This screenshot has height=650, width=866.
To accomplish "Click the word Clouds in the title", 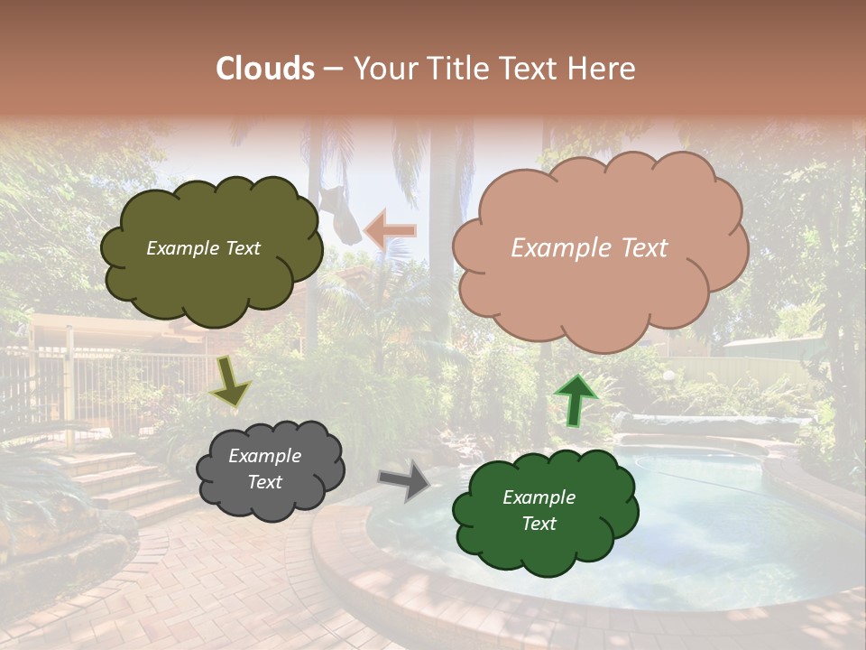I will pos(265,69).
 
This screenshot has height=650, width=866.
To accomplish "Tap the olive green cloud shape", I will pos(211,271).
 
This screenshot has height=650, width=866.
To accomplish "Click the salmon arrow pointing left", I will pos(390,230).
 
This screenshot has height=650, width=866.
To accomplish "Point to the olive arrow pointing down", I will pos(230,380).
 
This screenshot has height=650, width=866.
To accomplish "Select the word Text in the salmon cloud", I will pos(639,248).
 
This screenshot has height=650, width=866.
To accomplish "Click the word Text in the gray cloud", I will pos(264,482).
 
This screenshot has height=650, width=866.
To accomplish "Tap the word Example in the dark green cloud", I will pos(539,497).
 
